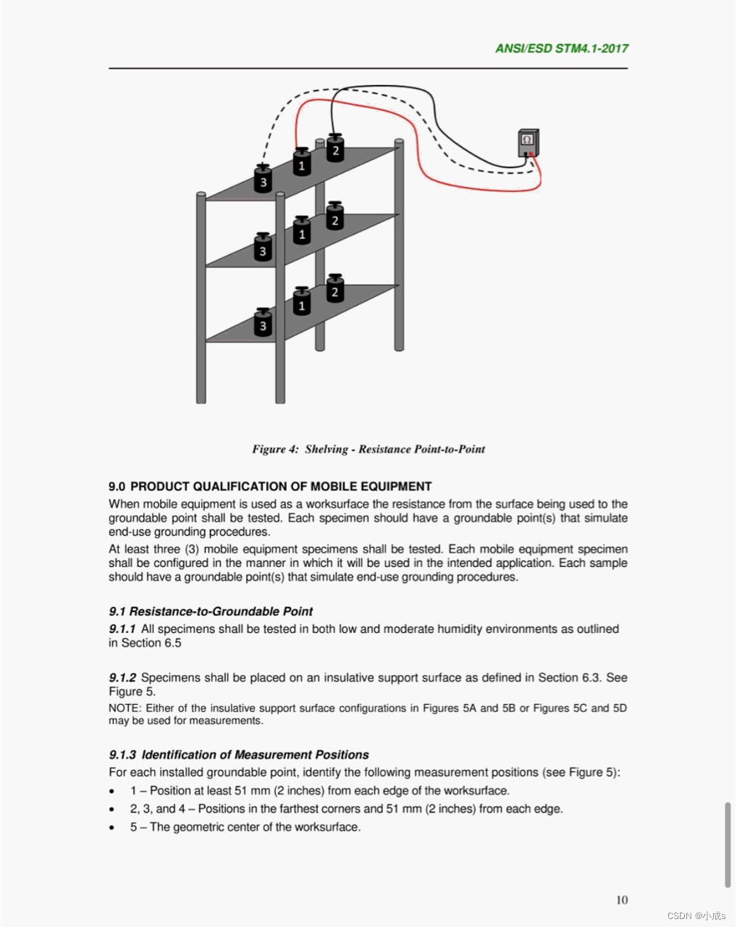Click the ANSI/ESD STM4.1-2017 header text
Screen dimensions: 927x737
[561, 49]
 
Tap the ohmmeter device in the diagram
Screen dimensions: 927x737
[528, 142]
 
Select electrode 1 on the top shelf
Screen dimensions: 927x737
[302, 162]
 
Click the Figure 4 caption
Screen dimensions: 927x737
[368, 449]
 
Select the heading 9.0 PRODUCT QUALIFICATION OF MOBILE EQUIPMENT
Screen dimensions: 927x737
[270, 487]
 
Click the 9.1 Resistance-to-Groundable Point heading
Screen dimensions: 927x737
[211, 611]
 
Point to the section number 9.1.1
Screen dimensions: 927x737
[122, 629]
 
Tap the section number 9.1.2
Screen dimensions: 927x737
[122, 678]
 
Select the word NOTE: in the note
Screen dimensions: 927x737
[125, 708]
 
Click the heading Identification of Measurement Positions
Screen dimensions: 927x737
[255, 755]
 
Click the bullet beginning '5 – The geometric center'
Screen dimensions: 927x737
[245, 827]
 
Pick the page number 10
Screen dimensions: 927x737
[622, 899]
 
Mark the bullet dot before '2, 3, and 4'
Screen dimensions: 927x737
[112, 810]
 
